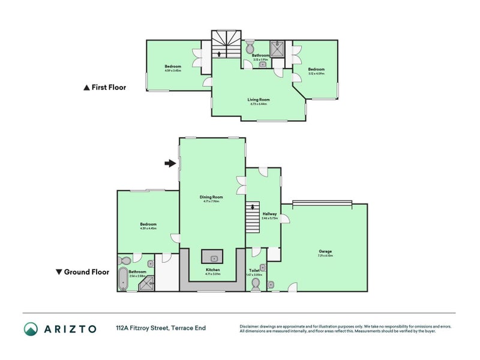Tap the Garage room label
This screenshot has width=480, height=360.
click(x=325, y=251)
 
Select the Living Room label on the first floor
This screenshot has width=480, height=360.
click(x=259, y=100)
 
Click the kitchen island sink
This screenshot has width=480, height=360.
click(x=212, y=257)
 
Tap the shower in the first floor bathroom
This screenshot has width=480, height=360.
click(x=277, y=48)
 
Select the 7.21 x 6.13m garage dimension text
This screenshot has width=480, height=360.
click(x=325, y=256)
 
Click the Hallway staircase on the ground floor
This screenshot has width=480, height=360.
click(x=253, y=219)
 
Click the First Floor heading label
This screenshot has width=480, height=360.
click(x=109, y=87)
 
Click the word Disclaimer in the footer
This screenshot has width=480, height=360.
click(x=250, y=326)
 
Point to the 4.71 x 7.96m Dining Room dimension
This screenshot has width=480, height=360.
click(x=212, y=202)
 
